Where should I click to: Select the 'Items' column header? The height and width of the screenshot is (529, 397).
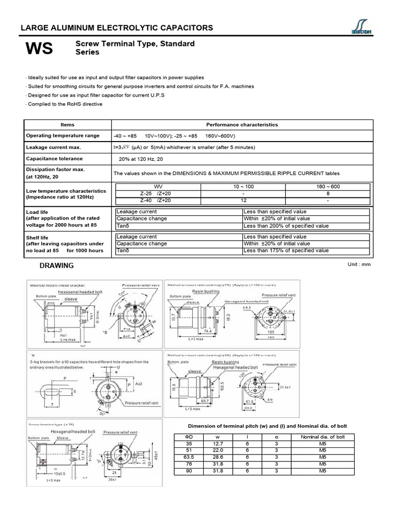pos(67,125)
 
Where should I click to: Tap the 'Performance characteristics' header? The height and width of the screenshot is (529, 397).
pos(242,125)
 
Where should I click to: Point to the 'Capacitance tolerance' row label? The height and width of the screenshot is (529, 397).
pos(54,159)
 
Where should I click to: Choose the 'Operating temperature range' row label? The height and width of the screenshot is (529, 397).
pos(63,135)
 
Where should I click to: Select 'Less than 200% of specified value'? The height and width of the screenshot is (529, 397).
pos(286,226)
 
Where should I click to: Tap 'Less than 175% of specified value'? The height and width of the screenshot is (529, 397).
pos(286,251)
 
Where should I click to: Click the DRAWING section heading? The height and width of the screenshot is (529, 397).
pos(57,266)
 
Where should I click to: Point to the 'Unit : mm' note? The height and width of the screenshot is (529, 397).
pos(360,264)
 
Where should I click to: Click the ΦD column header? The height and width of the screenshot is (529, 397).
pos(188,437)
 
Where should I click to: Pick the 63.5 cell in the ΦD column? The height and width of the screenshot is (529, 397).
pos(188,457)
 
